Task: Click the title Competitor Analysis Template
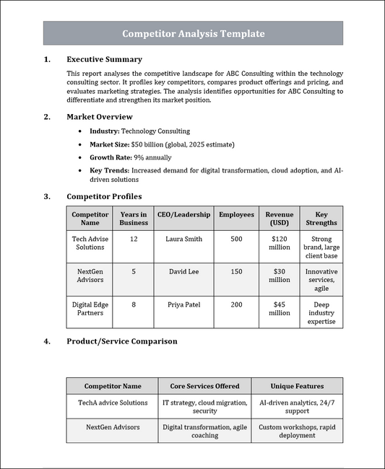193,34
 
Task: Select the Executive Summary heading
104,59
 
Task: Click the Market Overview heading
99,116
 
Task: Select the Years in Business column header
134,219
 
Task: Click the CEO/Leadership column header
183,214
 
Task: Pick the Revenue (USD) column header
280,219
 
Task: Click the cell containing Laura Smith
183,238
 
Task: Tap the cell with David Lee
183,271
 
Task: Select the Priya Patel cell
183,304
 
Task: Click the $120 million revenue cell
280,242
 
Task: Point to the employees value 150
236,271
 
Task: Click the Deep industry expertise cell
321,313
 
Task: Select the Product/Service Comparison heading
121,341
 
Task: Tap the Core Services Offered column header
204,386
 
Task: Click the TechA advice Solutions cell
112,403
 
